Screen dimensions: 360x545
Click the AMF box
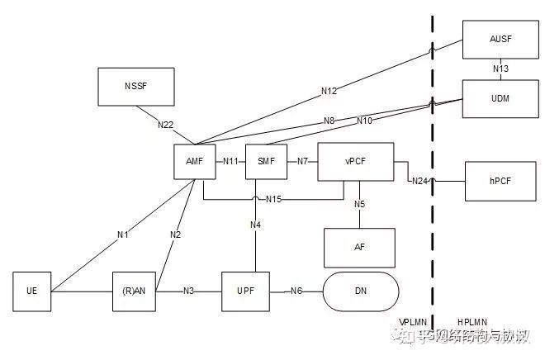[x=195, y=161]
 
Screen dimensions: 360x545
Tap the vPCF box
[x=356, y=161]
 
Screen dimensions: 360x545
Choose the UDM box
[x=500, y=98]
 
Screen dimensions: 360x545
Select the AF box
[x=360, y=248]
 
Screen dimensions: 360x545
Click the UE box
[x=32, y=291]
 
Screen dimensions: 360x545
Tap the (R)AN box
[x=135, y=291]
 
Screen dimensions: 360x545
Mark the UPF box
[x=246, y=291]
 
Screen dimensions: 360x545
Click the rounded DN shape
[x=361, y=291]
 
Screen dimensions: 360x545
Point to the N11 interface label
[x=230, y=161]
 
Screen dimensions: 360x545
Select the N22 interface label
[x=166, y=125]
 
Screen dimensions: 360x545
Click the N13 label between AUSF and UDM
[x=500, y=69]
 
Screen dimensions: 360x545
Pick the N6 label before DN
[x=296, y=291]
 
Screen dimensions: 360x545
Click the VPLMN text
[x=413, y=322]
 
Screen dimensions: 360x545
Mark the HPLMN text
[x=472, y=322]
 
